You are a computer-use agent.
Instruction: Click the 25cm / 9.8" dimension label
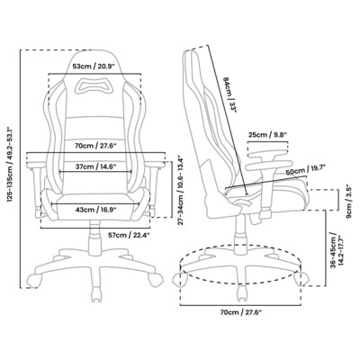pyautogui.click(x=265, y=136)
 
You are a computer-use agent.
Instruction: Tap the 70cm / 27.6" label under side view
pyautogui.click(x=241, y=312)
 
